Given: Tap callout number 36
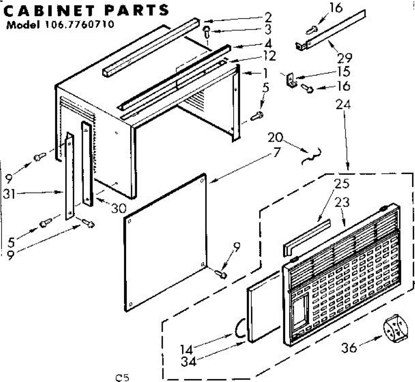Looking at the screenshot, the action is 349,347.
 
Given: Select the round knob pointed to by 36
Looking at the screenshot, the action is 395,329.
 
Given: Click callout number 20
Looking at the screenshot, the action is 276,138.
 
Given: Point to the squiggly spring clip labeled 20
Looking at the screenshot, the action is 312,156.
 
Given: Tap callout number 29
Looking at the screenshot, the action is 344,57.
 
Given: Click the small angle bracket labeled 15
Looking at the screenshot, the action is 290,80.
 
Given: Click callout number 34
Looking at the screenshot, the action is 188,362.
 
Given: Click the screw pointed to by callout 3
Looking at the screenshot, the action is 206,32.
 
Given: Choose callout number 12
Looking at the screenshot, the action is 269,56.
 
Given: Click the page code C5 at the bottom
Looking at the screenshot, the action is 122,377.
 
